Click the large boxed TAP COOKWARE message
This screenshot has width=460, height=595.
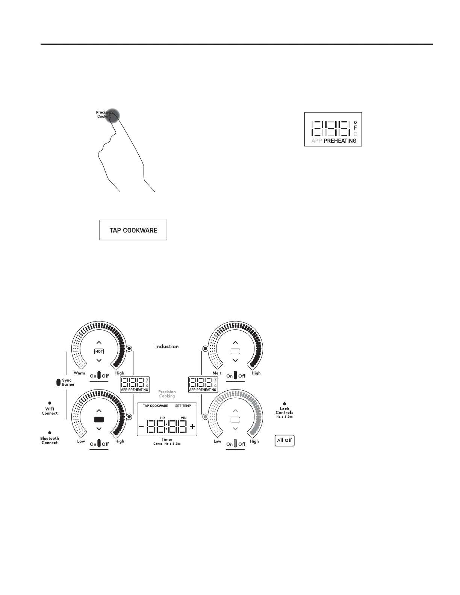pos(133,230)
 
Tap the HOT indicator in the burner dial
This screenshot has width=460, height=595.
pos(99,352)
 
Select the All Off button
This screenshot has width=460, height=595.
pos(284,440)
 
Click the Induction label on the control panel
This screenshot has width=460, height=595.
pos(167,346)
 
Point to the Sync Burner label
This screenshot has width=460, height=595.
pos(68,382)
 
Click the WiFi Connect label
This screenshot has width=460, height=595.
pos(50,411)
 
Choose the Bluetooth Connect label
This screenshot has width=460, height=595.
pos(50,441)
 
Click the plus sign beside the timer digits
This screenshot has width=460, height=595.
pos(192,426)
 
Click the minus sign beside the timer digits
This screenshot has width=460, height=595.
pos(141,426)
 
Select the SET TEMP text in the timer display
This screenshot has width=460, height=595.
pos(183,406)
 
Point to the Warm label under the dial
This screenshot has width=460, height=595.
pos(79,373)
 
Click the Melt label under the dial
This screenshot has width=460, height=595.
pos(217,373)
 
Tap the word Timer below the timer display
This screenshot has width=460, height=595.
pos(167,439)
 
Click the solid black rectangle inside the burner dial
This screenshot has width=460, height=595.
pos(99,419)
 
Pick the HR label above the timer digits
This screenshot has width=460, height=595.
pos(162,418)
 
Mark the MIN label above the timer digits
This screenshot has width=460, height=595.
pos(183,418)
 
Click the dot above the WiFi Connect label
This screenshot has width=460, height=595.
pos(50,403)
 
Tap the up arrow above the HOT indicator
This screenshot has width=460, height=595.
pos(99,343)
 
